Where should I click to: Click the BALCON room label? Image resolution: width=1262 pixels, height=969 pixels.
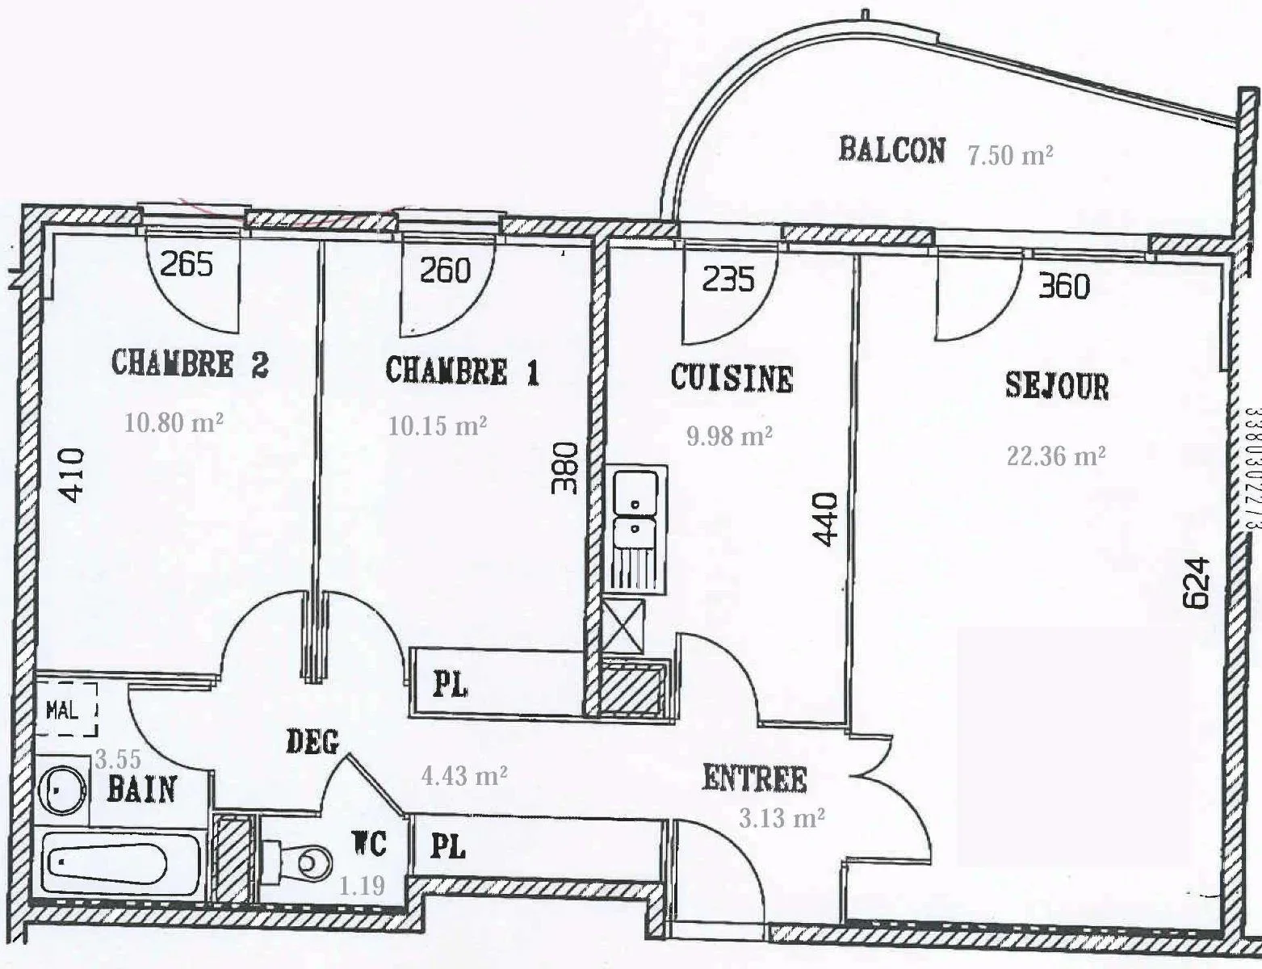coord(892,150)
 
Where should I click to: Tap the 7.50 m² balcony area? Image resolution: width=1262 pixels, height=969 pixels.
coord(1010,155)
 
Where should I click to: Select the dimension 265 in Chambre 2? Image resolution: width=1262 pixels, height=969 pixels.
coord(187,265)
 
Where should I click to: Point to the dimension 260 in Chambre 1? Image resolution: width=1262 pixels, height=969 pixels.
coord(445,271)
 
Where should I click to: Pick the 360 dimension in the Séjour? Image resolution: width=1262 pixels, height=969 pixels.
coord(1064,286)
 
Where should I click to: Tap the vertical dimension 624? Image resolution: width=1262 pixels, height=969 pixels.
coord(1197,583)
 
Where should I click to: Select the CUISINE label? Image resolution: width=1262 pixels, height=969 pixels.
coord(732,379)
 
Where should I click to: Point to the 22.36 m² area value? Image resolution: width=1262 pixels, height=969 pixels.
coord(1056,455)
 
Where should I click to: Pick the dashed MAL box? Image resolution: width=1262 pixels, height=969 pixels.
coord(65,710)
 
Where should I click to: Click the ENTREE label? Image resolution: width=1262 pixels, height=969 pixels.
coord(754,778)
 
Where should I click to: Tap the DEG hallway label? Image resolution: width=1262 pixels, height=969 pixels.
coord(312,742)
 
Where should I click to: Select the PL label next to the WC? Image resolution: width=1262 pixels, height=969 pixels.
coord(448,848)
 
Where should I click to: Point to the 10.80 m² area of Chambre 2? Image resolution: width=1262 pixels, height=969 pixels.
coord(174,422)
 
